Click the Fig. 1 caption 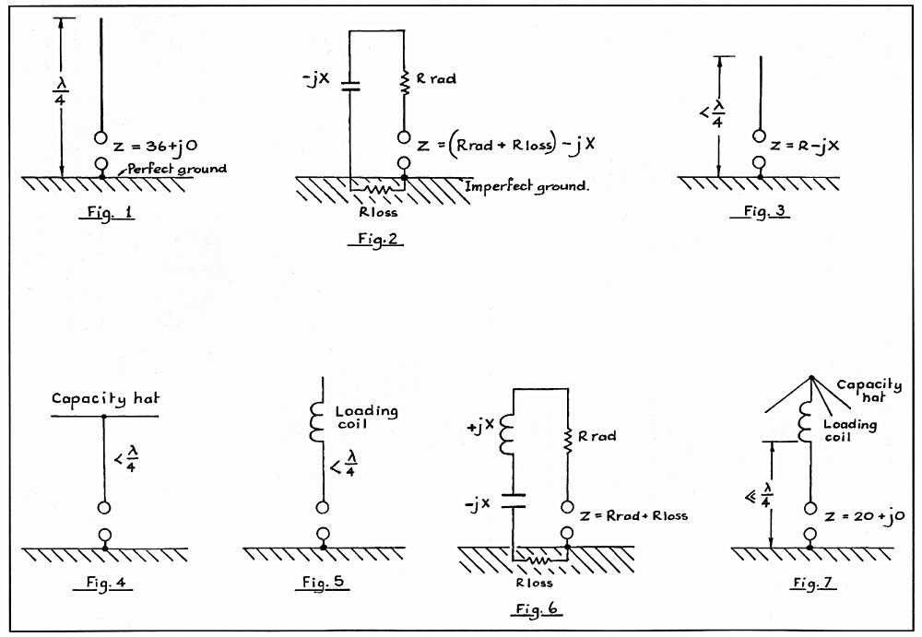point(107,212)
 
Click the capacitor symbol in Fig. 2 point(350,87)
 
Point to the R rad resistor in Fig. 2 point(404,81)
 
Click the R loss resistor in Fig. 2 point(377,190)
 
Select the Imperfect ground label point(526,186)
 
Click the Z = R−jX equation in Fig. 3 point(804,146)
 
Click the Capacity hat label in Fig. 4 point(105,399)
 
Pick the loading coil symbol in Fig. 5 point(317,422)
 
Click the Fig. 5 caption point(323,582)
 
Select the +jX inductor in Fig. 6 point(507,434)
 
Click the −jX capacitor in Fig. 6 point(514,501)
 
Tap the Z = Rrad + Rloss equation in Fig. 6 point(633,516)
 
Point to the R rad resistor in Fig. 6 point(567,442)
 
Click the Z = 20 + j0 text point(864,516)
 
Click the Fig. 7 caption point(812,583)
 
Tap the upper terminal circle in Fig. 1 point(101,138)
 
